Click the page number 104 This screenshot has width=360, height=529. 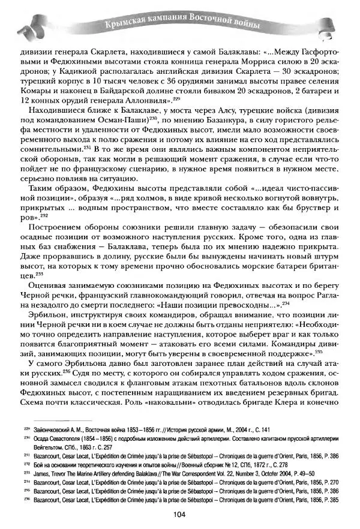click(179, 513)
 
